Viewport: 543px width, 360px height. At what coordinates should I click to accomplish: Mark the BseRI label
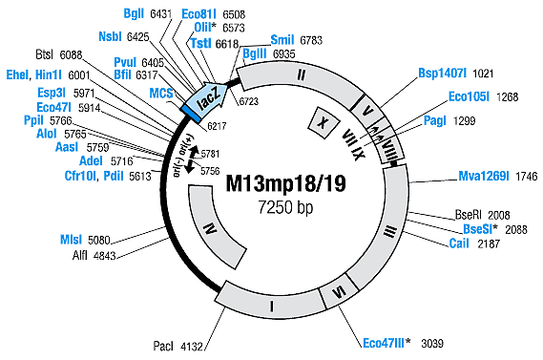(474, 216)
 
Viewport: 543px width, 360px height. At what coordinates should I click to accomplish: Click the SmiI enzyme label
(282, 40)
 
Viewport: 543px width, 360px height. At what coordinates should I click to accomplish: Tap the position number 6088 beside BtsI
(100, 55)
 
